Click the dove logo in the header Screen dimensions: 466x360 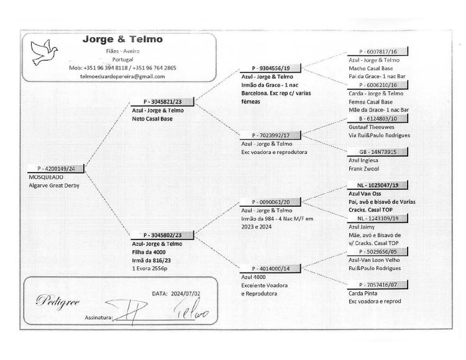[x=44, y=52]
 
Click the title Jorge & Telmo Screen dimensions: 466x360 [x=122, y=39]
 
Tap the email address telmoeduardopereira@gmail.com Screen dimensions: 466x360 [x=122, y=76]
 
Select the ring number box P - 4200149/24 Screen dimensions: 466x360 [x=56, y=169]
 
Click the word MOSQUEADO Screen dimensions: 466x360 [x=46, y=177]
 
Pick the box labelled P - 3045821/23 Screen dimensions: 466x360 [x=162, y=102]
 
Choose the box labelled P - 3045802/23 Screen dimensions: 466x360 [x=162, y=235]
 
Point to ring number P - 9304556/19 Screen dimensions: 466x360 [x=271, y=68]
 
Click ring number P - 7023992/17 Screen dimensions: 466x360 [x=271, y=135]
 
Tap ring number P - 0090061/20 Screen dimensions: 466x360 [x=271, y=202]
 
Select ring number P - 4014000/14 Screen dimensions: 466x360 [x=271, y=269]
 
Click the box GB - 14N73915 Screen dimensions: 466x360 [x=378, y=152]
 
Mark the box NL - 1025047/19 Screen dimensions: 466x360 [x=378, y=185]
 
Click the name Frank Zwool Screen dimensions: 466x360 [x=363, y=169]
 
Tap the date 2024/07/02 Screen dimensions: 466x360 [x=185, y=294]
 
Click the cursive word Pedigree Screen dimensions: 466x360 [x=58, y=301]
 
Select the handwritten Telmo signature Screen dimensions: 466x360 [x=191, y=310]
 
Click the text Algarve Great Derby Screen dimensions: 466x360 [x=54, y=186]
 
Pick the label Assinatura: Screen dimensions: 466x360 [x=99, y=318]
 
